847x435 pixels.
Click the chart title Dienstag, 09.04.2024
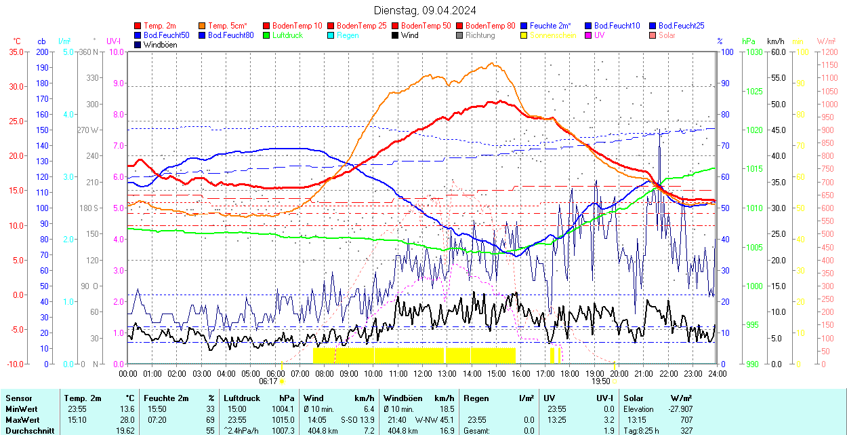(425, 10)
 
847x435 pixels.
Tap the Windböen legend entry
(160, 45)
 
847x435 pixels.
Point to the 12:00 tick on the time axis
(423, 374)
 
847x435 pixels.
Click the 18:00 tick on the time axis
(570, 374)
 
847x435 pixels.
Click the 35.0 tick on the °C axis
(14, 52)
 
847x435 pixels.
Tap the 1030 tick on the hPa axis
(753, 52)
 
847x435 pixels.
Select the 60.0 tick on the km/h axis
(777, 52)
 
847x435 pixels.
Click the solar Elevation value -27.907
(678, 409)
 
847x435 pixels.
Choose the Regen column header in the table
(475, 398)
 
